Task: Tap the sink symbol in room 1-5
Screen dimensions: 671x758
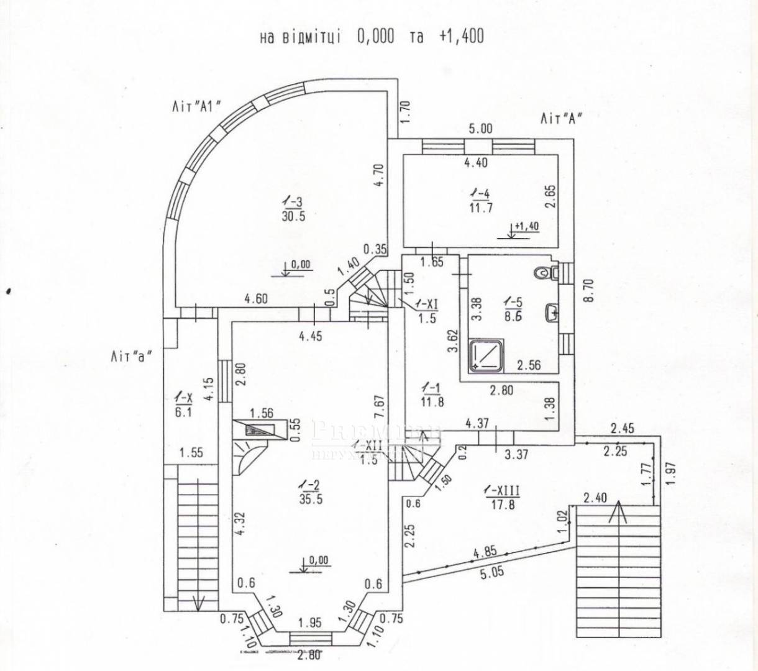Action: tap(550, 312)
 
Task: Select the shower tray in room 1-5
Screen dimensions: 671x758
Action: tap(486, 356)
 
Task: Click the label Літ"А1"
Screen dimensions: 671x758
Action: tap(198, 106)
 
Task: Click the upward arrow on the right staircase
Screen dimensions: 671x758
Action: tap(616, 514)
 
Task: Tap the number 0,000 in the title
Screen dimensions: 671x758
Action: tap(375, 37)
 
